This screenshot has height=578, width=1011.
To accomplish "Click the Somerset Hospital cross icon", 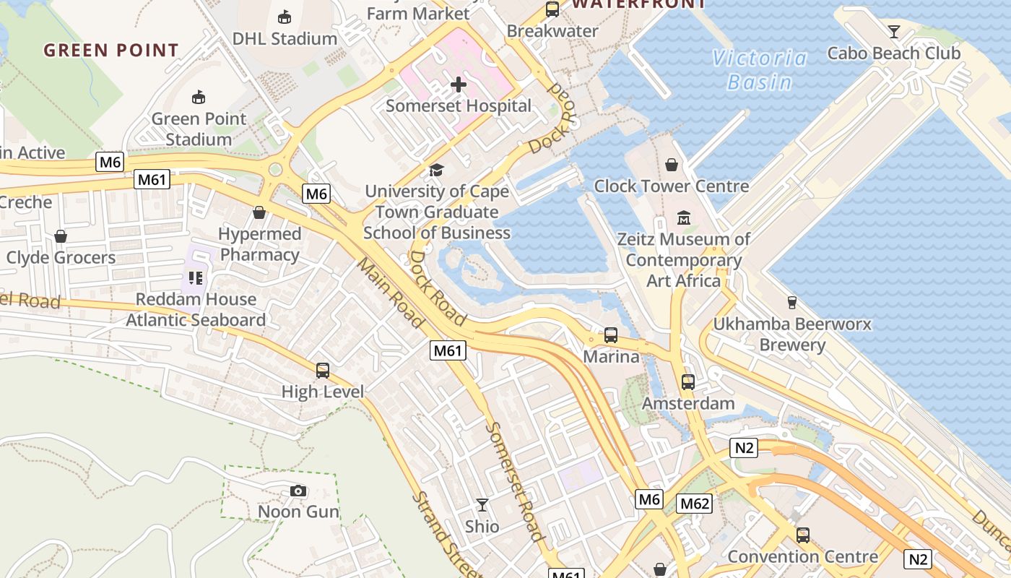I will tap(458, 85).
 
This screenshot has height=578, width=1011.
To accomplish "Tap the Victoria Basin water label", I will tap(759, 70).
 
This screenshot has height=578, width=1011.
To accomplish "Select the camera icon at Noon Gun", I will tap(298, 491).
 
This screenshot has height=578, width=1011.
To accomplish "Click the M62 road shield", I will tap(695, 504).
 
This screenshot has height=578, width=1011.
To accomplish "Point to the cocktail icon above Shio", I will tap(482, 505).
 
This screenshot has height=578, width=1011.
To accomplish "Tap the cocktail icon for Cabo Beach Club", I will tap(894, 31).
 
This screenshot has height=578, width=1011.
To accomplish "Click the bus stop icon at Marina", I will tap(611, 335).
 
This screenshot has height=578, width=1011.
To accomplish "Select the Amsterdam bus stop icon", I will tap(688, 381).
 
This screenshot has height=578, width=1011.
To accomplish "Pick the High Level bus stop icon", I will tap(323, 371).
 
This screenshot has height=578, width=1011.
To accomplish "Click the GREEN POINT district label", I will tap(111, 51).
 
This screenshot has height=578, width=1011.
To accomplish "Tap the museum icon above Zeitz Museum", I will tap(683, 217).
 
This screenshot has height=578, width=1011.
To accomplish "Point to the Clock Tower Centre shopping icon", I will tap(672, 165).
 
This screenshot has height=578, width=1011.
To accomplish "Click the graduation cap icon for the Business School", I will tap(436, 171).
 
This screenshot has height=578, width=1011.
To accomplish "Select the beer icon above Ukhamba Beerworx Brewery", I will tap(791, 302).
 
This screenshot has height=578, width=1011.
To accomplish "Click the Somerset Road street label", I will tap(513, 480).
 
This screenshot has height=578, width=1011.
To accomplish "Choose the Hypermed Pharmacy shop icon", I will tap(259, 212).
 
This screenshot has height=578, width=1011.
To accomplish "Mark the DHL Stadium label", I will tap(285, 38).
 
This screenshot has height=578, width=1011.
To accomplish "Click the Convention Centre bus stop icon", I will tap(802, 535).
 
